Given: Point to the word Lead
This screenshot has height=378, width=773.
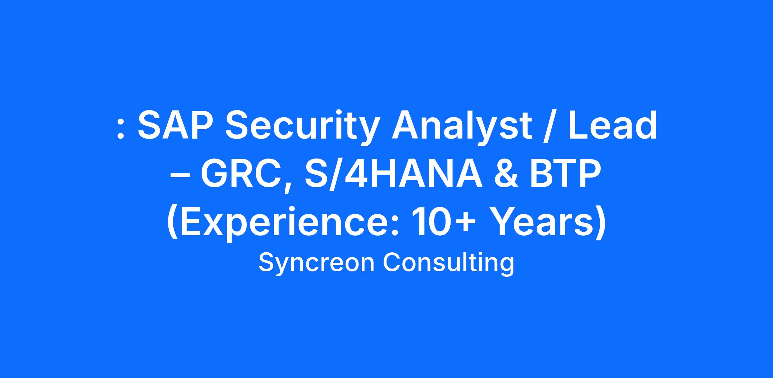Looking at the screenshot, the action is coord(613,125).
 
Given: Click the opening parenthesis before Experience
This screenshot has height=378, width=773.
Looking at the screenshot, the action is coord(172,223).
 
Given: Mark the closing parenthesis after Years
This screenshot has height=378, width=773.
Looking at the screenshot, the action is coord(600,223).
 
